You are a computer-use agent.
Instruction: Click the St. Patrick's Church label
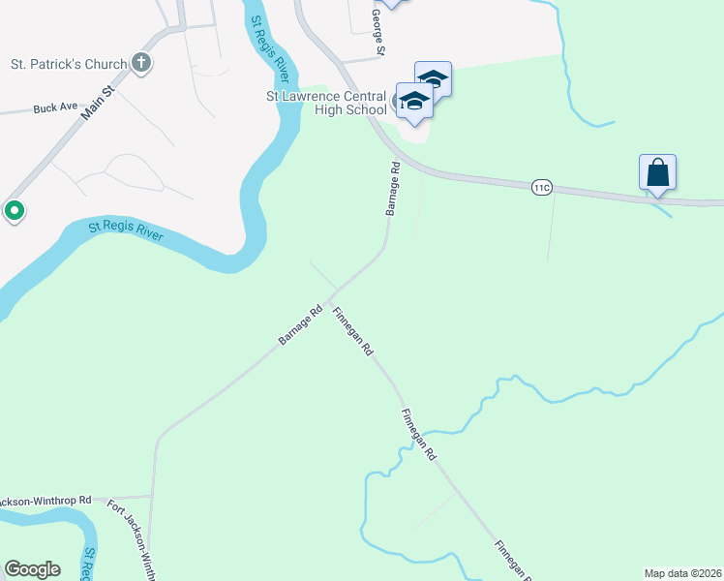[x=68, y=65]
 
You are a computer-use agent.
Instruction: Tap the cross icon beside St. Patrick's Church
[x=141, y=65]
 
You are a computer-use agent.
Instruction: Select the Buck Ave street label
[x=54, y=108]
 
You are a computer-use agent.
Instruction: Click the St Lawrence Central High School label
[x=326, y=102]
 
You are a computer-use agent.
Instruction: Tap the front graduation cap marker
[x=413, y=102]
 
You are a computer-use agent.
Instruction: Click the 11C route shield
[x=541, y=187]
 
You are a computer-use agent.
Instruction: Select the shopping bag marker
[x=657, y=173]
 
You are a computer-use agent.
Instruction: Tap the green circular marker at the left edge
[x=15, y=209]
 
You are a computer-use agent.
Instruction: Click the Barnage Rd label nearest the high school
[x=393, y=188]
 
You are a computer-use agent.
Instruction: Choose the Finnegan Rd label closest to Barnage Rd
[x=353, y=332]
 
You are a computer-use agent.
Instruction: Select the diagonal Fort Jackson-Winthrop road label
[x=132, y=538]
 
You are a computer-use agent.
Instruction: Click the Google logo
[x=32, y=569]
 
